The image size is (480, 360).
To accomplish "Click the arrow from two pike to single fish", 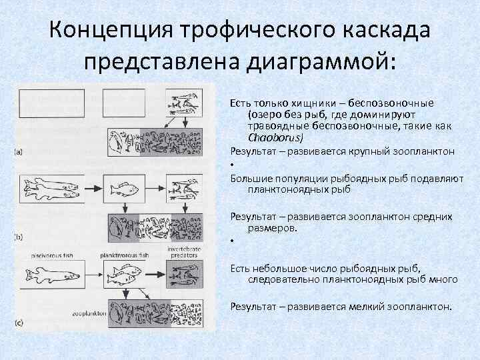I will click(94, 189).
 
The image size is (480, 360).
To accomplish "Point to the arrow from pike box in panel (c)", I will click(94, 275).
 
